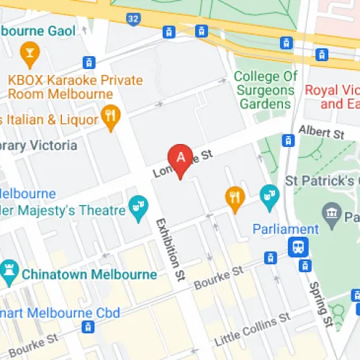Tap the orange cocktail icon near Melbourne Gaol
coord(30,53)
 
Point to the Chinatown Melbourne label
coord(89,274)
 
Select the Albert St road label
coord(322,133)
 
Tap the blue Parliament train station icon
coord(296,248)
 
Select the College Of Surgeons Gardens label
coord(265,91)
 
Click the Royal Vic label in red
coord(332,96)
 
